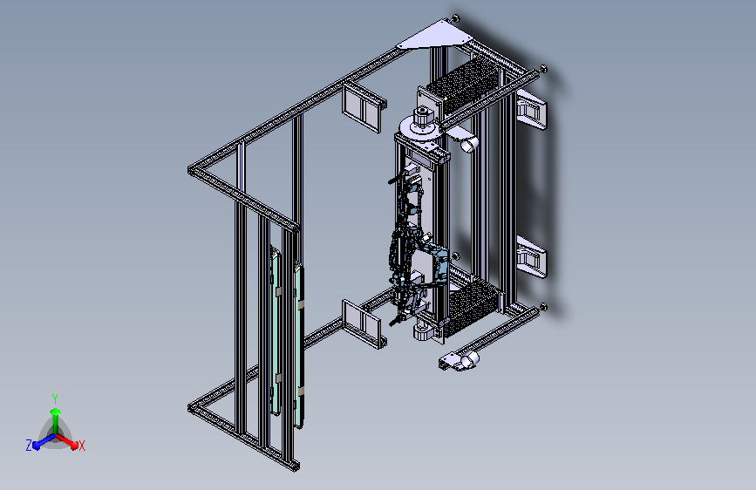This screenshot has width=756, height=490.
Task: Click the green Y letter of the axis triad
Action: click(55, 398)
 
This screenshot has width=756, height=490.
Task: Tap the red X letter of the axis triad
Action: click(81, 446)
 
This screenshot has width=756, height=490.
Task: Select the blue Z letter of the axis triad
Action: click(29, 446)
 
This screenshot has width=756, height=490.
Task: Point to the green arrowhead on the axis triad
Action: click(56, 412)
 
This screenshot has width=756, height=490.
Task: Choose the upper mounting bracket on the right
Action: click(531, 112)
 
